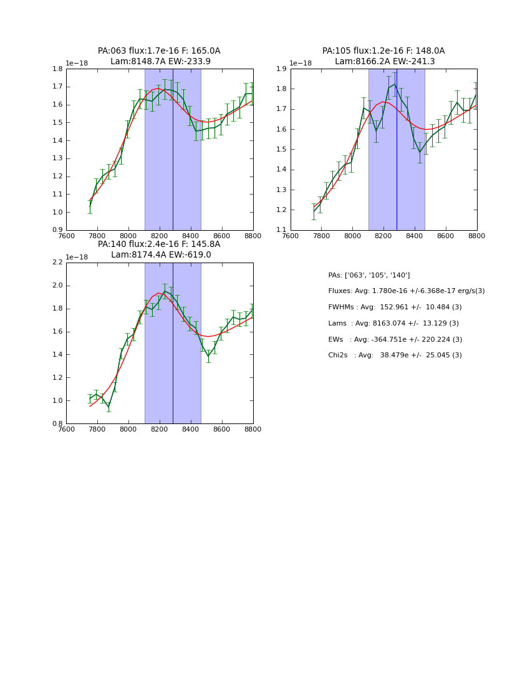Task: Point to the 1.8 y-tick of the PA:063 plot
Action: point(57,69)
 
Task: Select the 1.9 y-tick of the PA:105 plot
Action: point(282,69)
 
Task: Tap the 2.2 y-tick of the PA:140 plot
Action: point(57,263)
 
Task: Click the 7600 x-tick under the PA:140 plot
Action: point(66,429)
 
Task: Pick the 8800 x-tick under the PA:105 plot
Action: point(477,236)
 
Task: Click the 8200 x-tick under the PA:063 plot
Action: point(160,236)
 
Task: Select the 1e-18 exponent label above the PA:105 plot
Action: point(301,63)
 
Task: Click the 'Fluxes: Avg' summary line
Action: point(406,291)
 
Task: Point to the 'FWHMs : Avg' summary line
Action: point(395,307)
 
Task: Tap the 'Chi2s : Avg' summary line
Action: point(395,355)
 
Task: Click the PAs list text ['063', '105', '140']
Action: point(369,275)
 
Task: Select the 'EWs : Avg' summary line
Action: point(395,339)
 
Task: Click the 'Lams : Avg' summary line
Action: point(393,323)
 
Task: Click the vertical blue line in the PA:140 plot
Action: point(173,343)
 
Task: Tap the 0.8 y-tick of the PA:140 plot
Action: point(57,423)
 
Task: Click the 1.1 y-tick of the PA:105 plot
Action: point(282,230)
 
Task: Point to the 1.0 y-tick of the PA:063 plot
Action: point(57,212)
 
